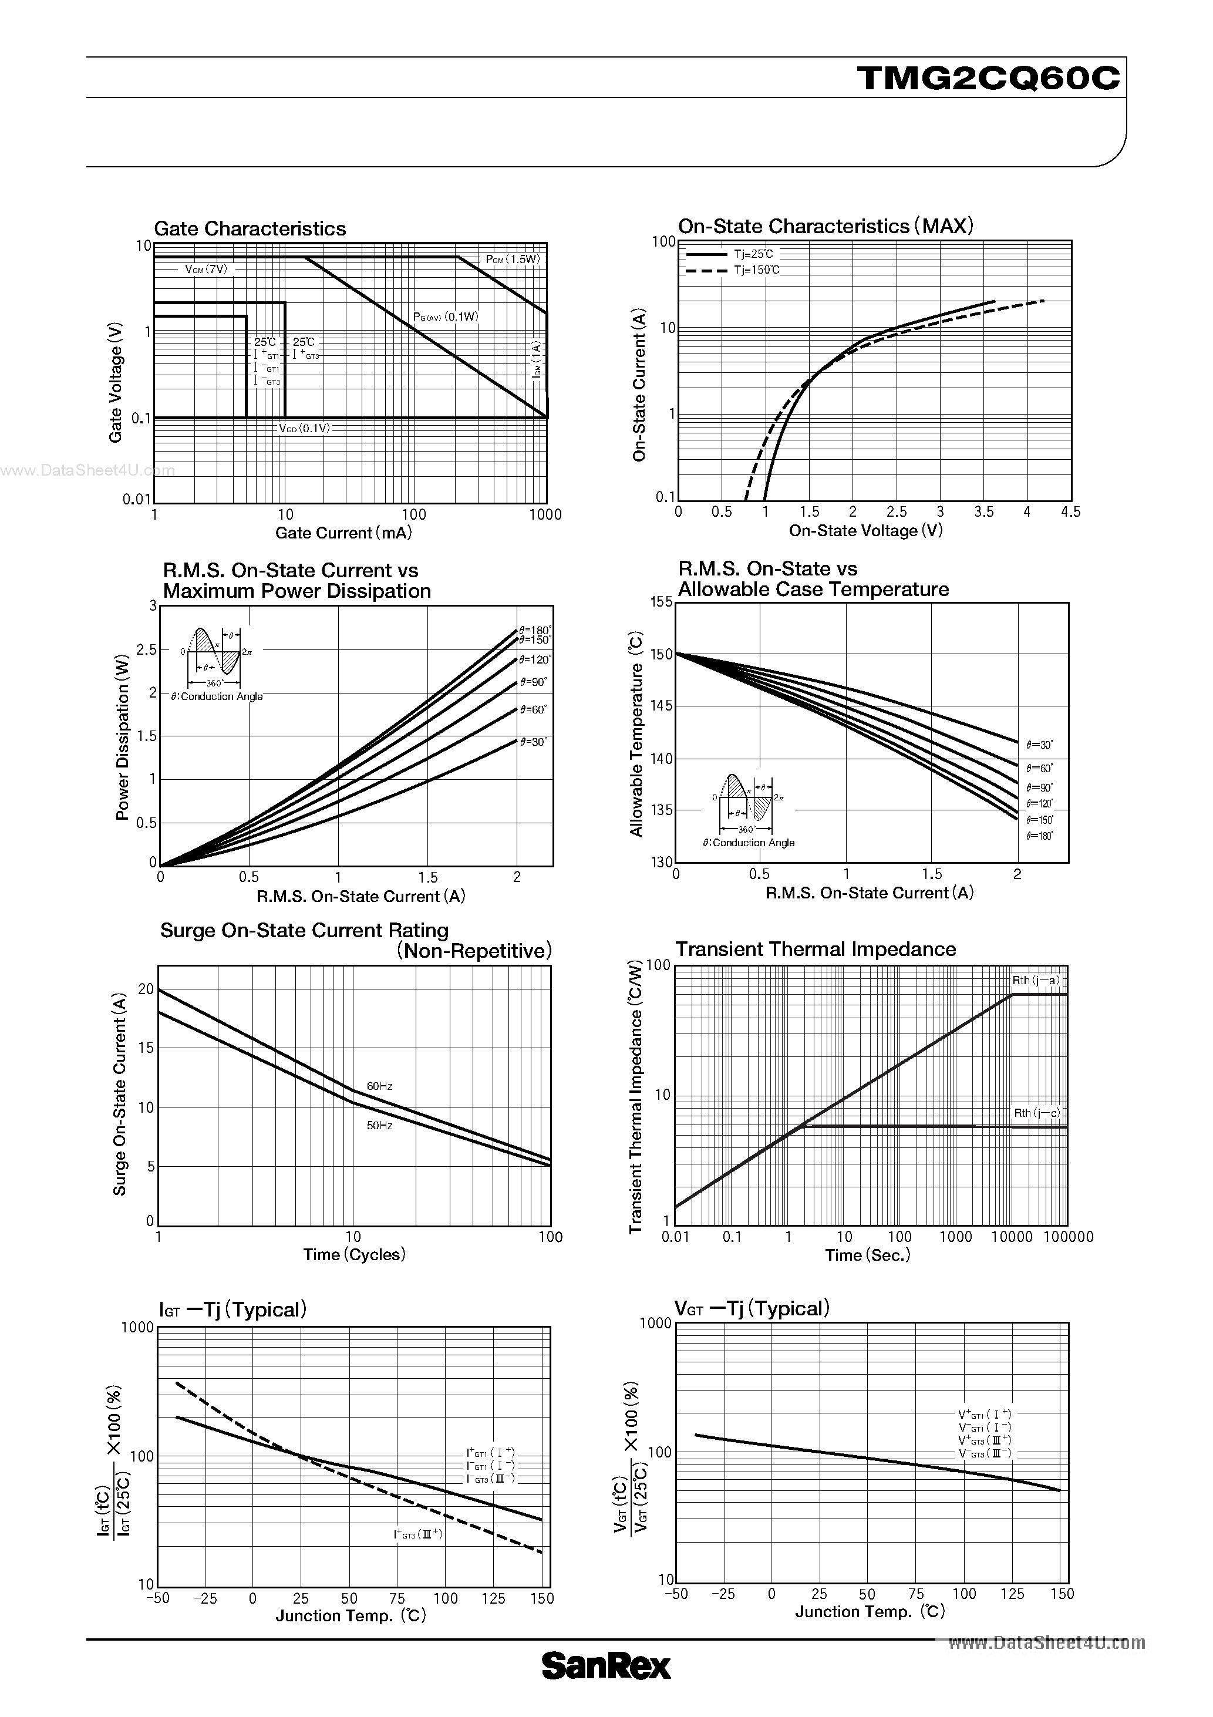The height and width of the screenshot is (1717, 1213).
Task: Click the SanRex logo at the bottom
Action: pyautogui.click(x=606, y=1666)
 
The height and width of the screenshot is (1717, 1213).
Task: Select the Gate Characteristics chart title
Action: pyautogui.click(x=250, y=229)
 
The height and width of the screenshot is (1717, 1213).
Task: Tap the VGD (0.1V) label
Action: pyautogui.click(x=304, y=429)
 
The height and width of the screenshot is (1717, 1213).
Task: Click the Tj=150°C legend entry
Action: pyautogui.click(x=756, y=270)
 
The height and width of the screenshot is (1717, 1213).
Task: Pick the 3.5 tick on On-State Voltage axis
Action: pyautogui.click(x=984, y=512)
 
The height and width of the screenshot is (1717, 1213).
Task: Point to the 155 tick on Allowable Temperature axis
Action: pyautogui.click(x=661, y=602)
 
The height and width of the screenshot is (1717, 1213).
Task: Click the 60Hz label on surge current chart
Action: pyautogui.click(x=379, y=1086)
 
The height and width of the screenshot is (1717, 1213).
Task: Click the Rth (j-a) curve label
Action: pyautogui.click(x=1036, y=981)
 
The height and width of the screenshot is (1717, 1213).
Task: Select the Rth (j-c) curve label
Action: pyautogui.click(x=1036, y=1113)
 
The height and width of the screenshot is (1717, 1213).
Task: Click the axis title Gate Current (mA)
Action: pyautogui.click(x=343, y=533)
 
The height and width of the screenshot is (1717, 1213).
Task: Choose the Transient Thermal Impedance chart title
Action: pyautogui.click(x=815, y=950)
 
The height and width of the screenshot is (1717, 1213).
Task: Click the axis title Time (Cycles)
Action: pyautogui.click(x=353, y=1254)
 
